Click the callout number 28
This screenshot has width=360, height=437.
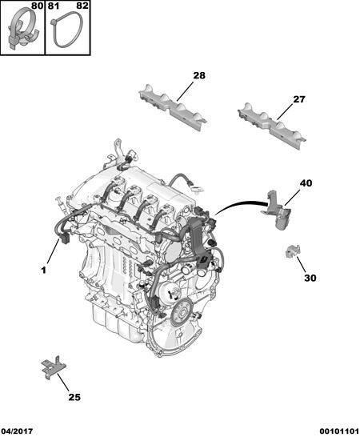tap(199, 75)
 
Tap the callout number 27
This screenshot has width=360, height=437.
tap(299, 99)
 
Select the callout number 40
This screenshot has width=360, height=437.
tap(306, 183)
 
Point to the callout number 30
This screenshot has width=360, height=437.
tap(310, 278)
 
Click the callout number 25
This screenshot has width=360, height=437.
tap(74, 397)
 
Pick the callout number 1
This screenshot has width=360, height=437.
tap(43, 270)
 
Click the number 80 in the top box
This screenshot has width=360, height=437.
tap(37, 6)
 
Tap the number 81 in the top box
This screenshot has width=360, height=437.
tap(54, 6)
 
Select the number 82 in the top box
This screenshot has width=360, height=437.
tap(82, 6)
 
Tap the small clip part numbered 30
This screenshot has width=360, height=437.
tap(293, 251)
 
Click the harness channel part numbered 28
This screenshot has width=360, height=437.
tap(173, 107)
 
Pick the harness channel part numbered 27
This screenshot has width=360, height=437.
tap(272, 126)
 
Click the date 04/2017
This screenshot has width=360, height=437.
tap(17, 431)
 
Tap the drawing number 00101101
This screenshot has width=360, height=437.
tap(339, 431)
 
